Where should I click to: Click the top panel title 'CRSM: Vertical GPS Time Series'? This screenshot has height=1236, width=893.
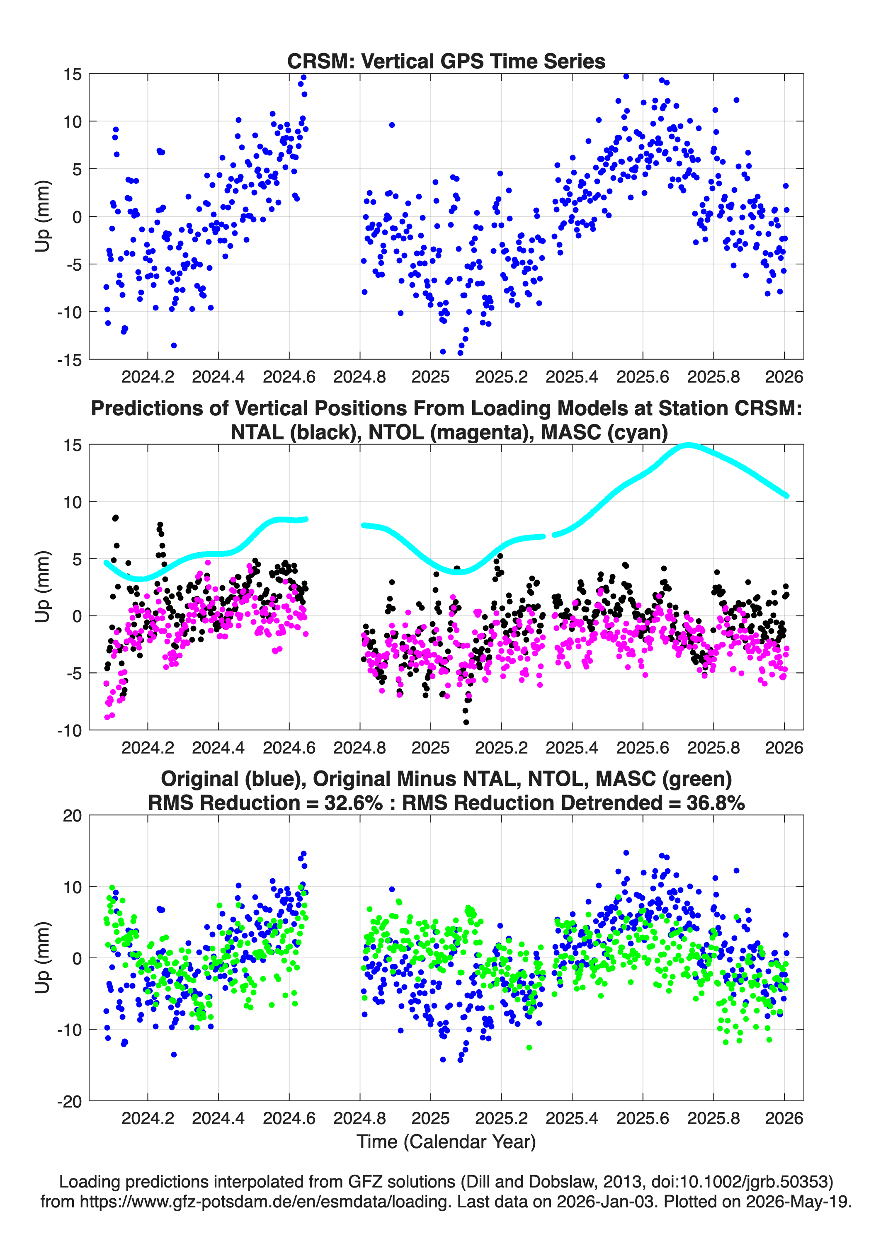tap(446, 61)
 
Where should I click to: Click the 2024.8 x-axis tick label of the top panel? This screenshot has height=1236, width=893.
tap(360, 377)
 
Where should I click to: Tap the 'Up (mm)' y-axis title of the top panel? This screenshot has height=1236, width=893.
tap(43, 216)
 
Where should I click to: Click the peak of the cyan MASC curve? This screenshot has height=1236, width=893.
tap(689, 445)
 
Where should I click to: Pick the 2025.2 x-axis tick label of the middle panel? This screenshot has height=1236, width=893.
tap(502, 747)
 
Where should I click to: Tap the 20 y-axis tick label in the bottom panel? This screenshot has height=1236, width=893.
tap(73, 816)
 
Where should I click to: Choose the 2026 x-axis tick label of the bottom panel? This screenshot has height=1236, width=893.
tap(784, 1118)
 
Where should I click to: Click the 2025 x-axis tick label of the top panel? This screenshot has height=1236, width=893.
tap(431, 377)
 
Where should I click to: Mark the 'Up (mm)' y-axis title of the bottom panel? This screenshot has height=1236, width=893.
tap(43, 958)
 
